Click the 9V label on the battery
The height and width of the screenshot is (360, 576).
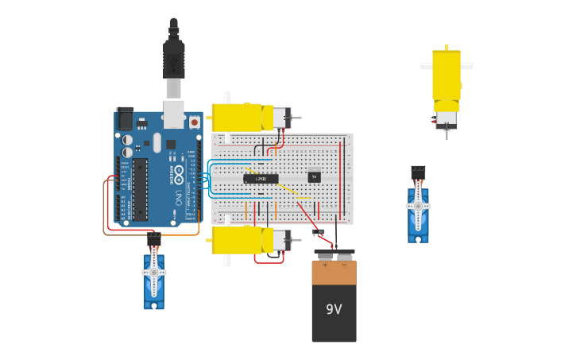(334, 309)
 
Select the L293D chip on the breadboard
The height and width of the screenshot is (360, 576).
(261, 178)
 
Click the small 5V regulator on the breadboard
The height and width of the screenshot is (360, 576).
(315, 176)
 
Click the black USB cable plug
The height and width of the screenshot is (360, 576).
(173, 60)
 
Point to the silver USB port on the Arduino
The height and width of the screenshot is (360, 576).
(173, 114)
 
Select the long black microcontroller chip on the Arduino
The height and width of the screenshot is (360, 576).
(140, 189)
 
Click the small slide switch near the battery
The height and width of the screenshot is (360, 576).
(319, 232)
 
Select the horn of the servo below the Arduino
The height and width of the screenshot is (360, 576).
(154, 273)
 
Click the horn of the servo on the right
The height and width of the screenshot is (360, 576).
(418, 206)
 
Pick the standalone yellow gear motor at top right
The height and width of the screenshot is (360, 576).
(446, 79)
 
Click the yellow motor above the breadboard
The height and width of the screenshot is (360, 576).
(238, 118)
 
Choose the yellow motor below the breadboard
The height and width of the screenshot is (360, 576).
(238, 239)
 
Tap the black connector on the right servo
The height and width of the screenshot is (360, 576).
(418, 172)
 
